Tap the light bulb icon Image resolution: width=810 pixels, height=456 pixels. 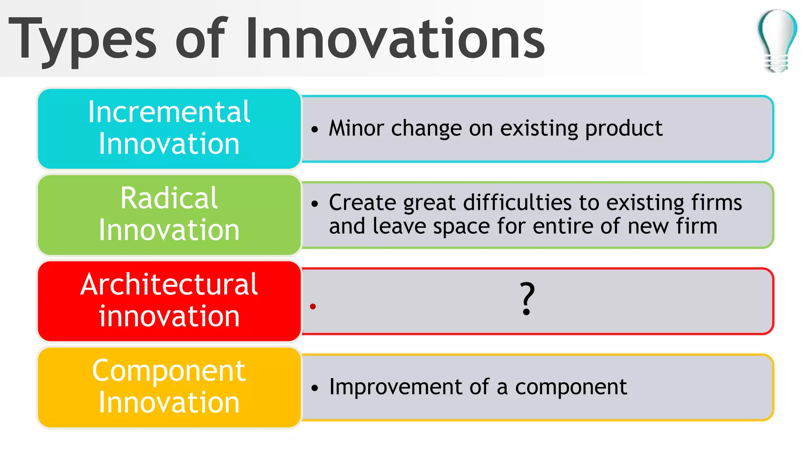pos(777,40)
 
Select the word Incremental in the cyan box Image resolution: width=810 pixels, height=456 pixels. pos(169,112)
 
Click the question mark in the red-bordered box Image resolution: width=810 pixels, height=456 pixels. pos(527,298)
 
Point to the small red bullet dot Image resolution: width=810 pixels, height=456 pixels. pos(313,306)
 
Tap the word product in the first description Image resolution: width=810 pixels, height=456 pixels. pos(623,129)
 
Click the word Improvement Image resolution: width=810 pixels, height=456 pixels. pos(396,387)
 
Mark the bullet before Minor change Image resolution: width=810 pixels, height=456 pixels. pos(314,129)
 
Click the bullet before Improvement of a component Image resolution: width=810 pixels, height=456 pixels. pos(314,388)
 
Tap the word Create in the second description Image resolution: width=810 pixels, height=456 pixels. pos(362,203)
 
